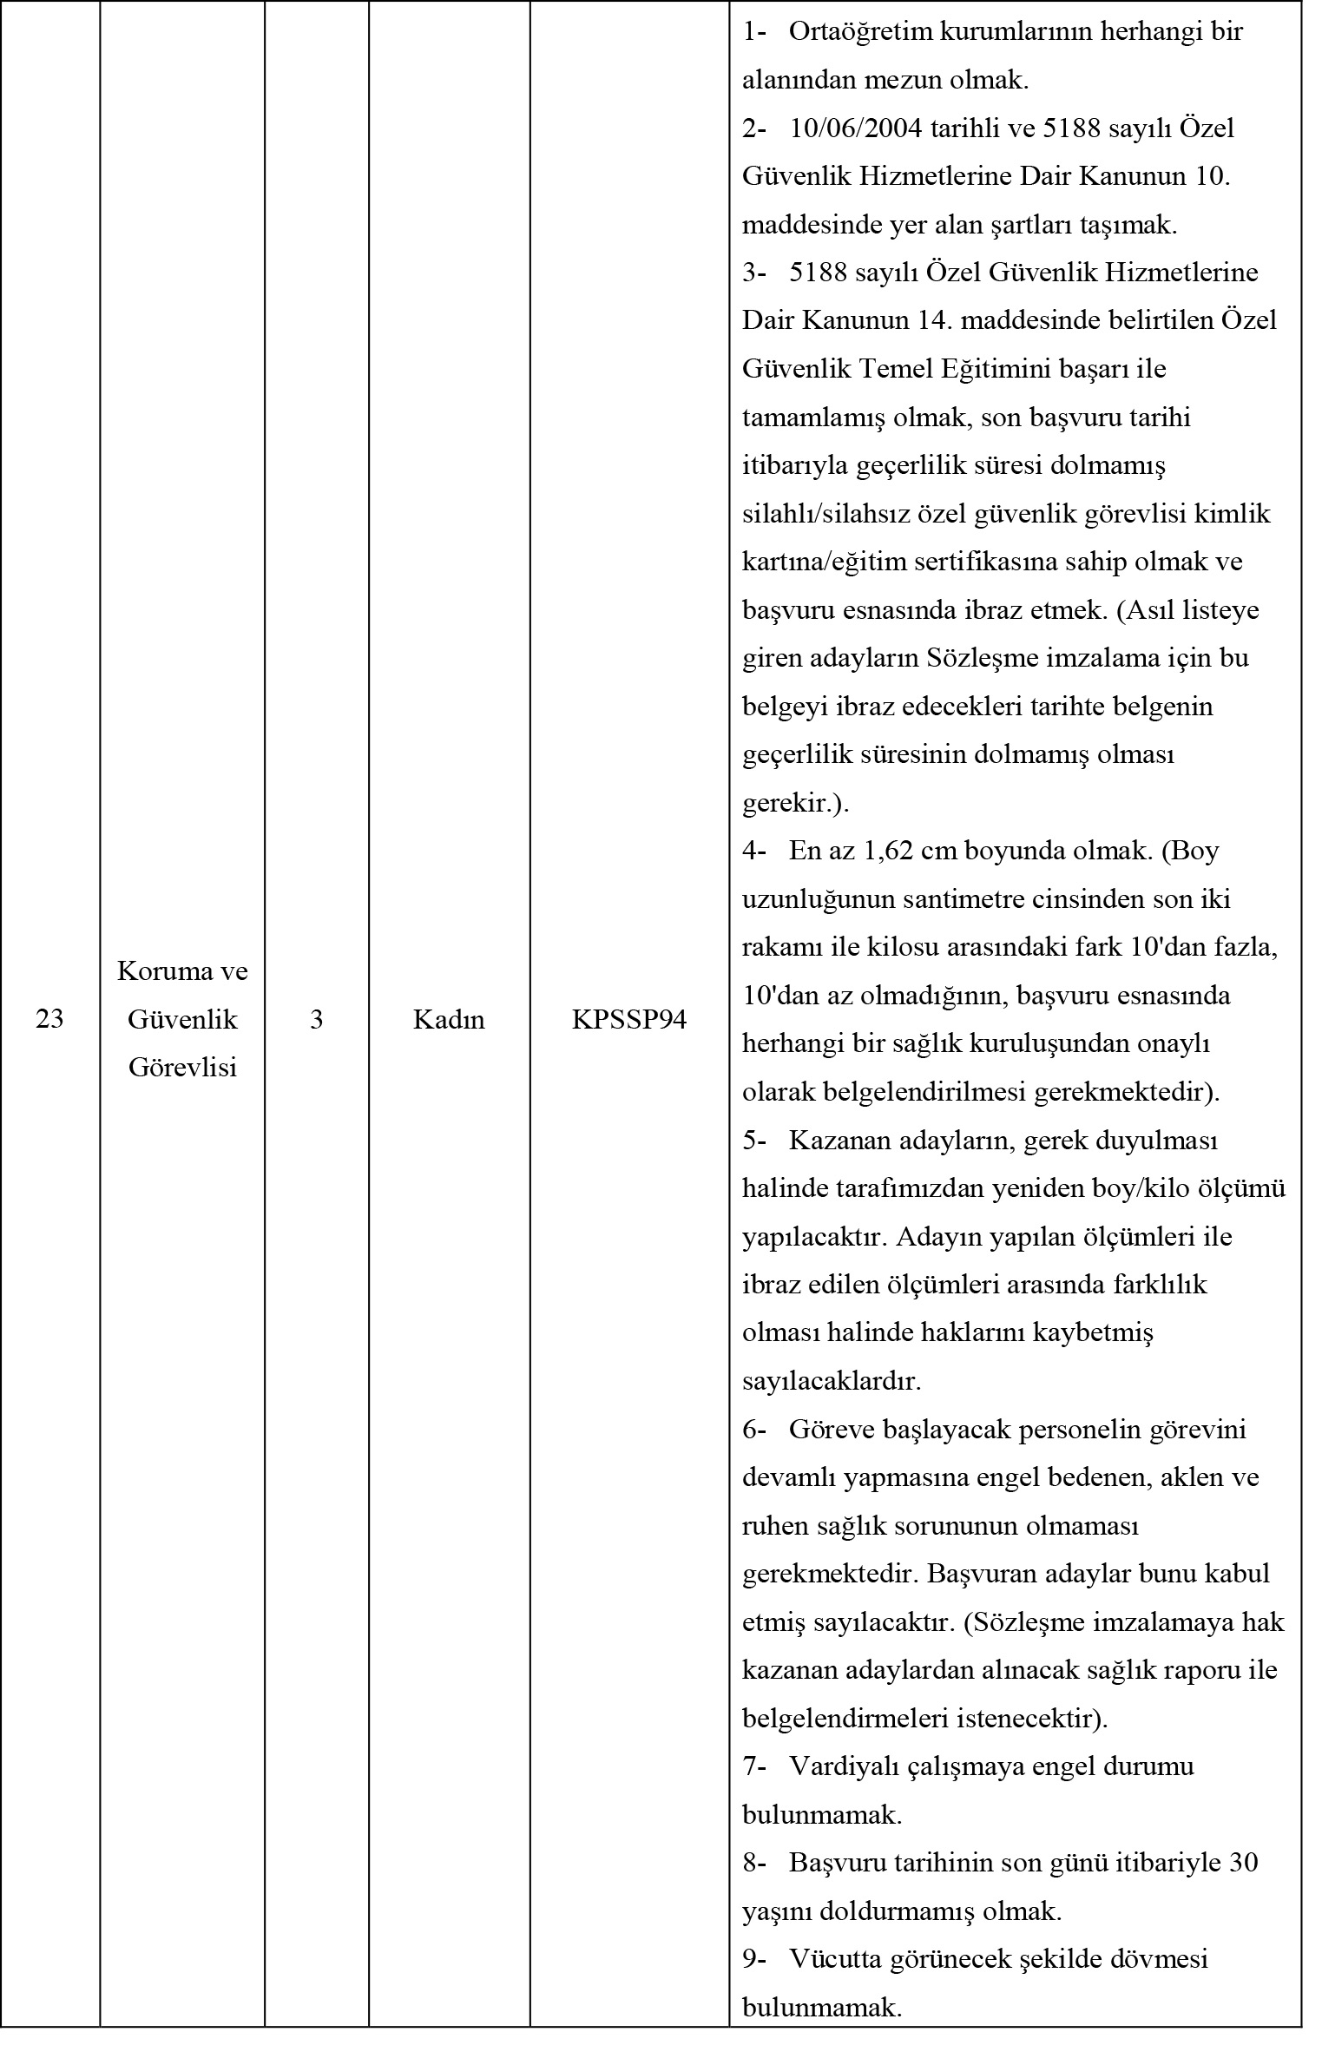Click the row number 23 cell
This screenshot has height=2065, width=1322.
click(49, 1019)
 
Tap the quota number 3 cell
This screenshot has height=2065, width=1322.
click(317, 1019)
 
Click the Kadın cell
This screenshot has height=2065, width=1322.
click(449, 1019)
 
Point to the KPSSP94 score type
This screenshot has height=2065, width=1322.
click(629, 1019)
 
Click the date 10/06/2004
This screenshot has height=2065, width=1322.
click(855, 129)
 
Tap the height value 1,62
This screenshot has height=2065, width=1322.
click(889, 851)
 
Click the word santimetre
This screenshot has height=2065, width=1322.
click(974, 899)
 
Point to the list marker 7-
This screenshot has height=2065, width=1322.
click(753, 1766)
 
